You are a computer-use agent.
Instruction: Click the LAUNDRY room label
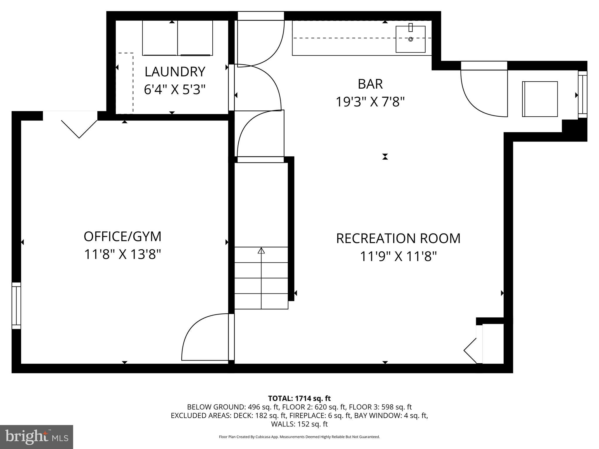[x=175, y=72]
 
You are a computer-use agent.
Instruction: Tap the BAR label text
[x=370, y=84]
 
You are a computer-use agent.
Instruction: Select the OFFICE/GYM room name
[x=123, y=237]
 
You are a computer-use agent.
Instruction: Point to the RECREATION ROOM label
[x=398, y=239]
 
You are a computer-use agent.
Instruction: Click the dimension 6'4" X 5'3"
[x=175, y=90]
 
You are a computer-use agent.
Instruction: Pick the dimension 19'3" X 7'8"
[x=370, y=102]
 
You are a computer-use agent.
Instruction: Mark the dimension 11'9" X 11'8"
[x=398, y=257]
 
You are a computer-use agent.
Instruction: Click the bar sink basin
[x=410, y=39]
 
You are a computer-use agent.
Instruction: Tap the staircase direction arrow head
[x=261, y=251]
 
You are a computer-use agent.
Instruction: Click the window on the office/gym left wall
[x=16, y=305]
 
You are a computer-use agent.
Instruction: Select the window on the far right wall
[x=583, y=95]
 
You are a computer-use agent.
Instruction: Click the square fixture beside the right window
[x=540, y=99]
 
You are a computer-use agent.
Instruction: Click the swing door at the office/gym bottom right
[x=205, y=339]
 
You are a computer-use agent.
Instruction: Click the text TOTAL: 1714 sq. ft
[x=299, y=398]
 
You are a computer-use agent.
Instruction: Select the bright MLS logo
[x=37, y=437]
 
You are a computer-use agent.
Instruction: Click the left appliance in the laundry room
[x=160, y=38]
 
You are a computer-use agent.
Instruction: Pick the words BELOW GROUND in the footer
[x=216, y=407]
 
